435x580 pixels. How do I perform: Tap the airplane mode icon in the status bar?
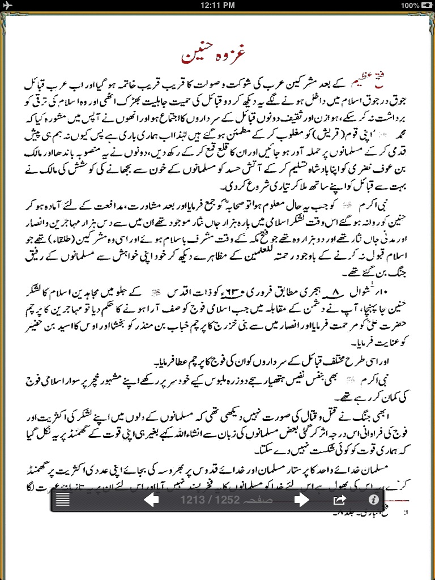click(7, 5)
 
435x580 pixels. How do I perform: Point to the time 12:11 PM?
click(217, 5)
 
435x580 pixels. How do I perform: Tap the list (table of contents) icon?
click(62, 500)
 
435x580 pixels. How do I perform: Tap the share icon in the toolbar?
click(339, 500)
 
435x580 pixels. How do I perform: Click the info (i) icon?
click(373, 500)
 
